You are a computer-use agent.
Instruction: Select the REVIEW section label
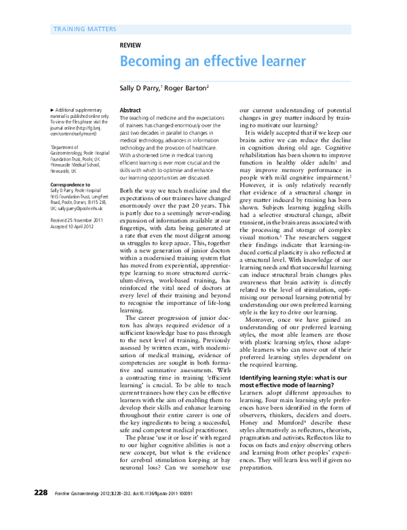coord(130,45)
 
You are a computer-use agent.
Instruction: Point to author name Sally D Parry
coord(140,87)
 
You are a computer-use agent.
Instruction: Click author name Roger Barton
coord(187,87)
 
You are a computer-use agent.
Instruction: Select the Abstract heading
coord(130,110)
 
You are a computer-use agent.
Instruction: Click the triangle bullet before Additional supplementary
coord(53,110)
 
